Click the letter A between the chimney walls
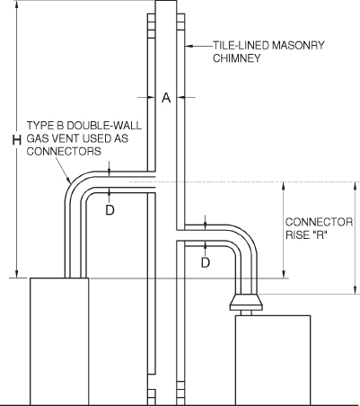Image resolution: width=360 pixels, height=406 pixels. click(165, 98)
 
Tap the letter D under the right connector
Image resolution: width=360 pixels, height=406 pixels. click(206, 262)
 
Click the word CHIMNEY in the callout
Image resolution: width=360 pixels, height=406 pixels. click(236, 57)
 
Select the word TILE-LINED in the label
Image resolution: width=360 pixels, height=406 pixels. click(239, 44)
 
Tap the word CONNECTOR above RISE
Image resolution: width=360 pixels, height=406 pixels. click(319, 222)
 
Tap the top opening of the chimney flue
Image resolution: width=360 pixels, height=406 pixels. click(165, 4)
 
